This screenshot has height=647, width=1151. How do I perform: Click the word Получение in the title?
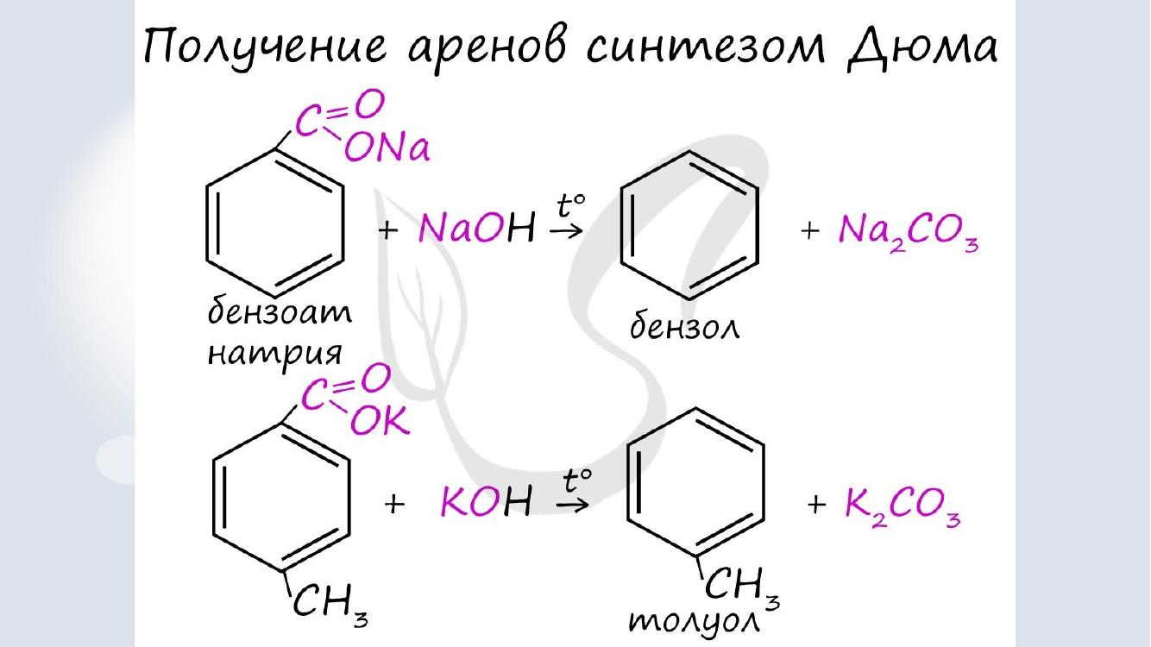265,47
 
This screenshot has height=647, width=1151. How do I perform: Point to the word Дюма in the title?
921,46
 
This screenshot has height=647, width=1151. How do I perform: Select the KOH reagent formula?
486,500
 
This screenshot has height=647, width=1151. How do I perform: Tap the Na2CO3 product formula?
909,232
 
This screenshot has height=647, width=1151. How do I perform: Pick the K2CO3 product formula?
903,505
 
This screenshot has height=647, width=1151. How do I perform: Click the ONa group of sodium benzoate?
387,148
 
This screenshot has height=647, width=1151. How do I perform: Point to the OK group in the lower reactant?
380,421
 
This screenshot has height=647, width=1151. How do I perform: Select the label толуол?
695,622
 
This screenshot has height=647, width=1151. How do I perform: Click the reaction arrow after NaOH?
566,230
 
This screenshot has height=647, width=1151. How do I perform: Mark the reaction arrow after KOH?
572,506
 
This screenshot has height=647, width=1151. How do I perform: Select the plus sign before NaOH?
388,230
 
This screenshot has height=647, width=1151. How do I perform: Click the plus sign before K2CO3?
816,505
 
